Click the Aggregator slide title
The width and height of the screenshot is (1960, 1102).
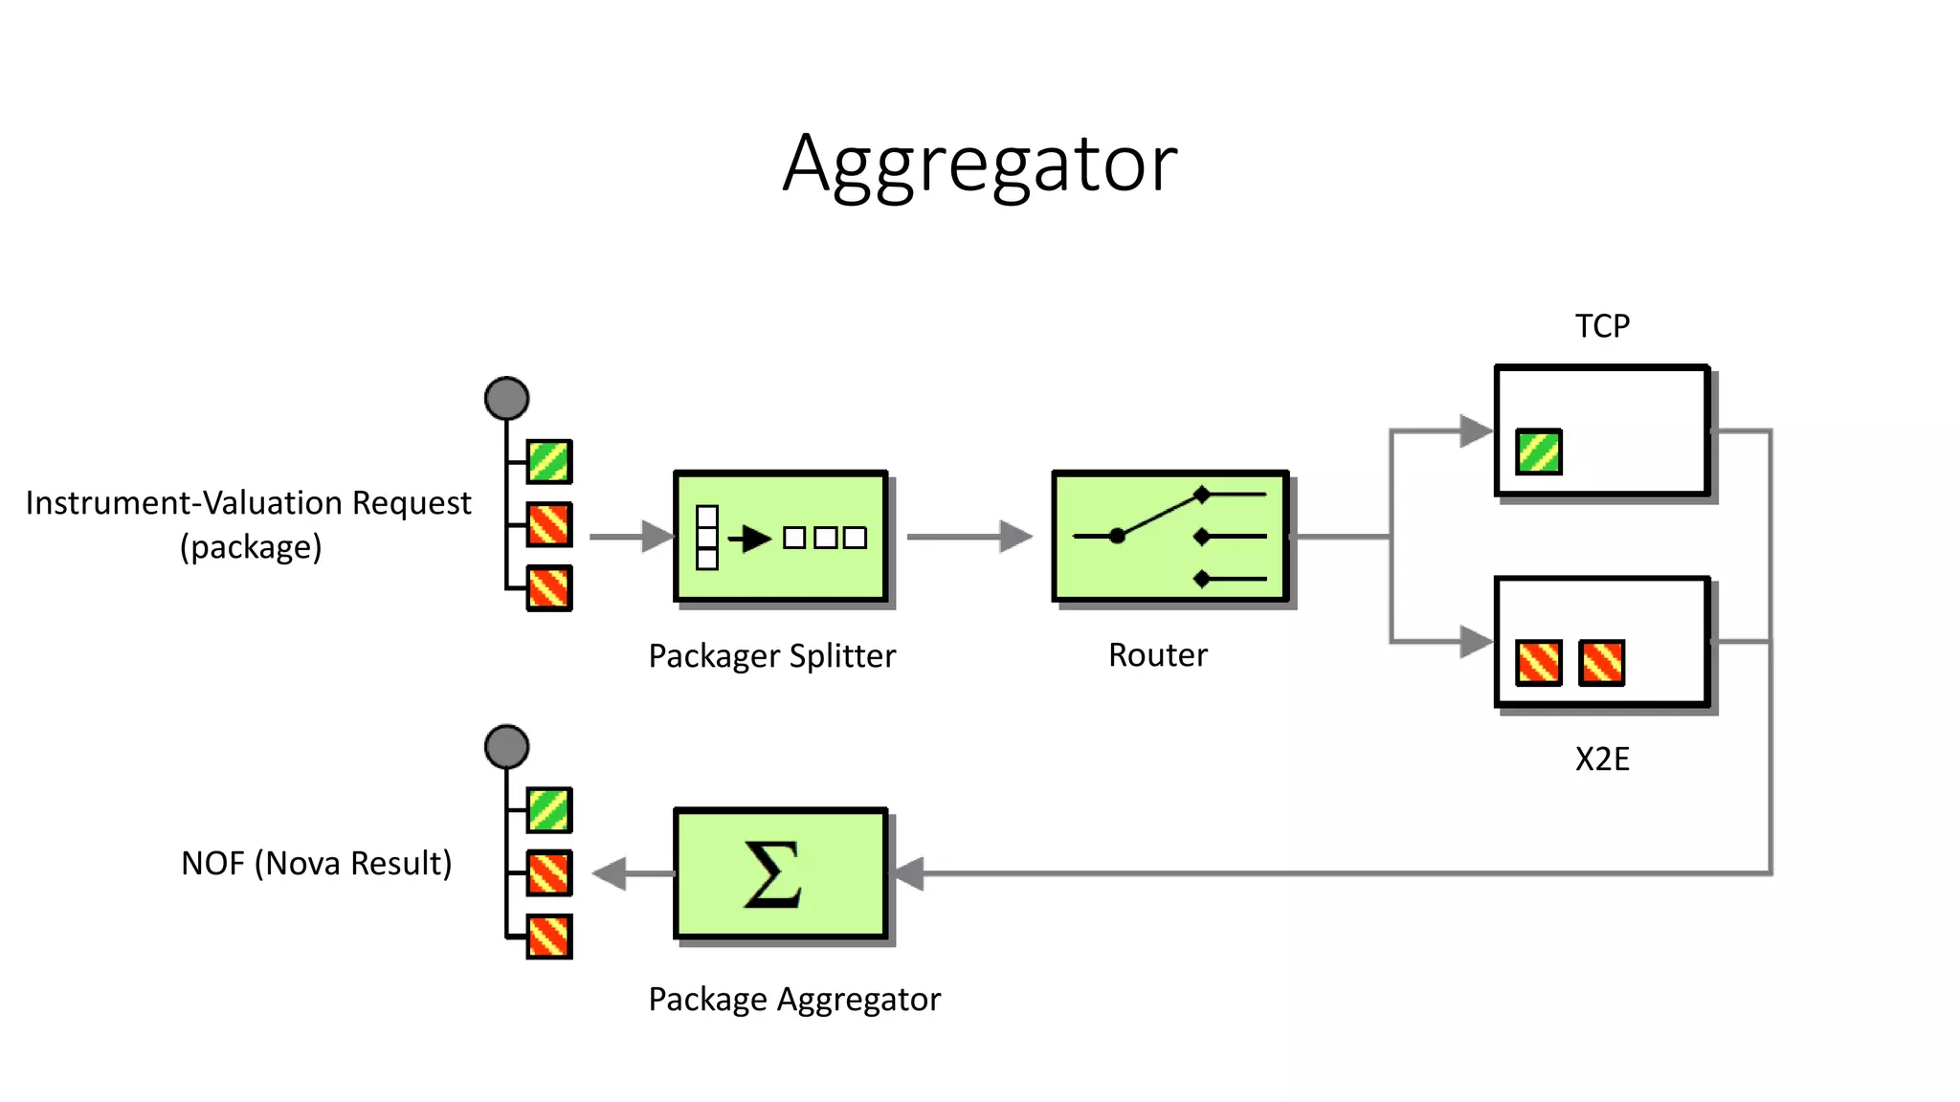[979, 165]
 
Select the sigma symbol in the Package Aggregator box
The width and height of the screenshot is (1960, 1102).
[772, 873]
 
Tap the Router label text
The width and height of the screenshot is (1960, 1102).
[1157, 655]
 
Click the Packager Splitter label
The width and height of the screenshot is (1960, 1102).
[771, 656]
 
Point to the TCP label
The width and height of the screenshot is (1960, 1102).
[1602, 326]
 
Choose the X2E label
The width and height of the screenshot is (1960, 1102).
[1602, 760]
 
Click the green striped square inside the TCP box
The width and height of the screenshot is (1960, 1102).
[1539, 452]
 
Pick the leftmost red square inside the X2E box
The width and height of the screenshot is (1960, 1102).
[1539, 663]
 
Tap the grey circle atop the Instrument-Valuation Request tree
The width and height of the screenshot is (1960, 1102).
[506, 398]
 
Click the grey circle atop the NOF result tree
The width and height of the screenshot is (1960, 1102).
[506, 746]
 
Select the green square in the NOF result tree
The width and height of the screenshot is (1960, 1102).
[549, 810]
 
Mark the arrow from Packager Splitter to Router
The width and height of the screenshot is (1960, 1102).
[969, 537]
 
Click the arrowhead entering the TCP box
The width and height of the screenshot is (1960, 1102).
[1475, 431]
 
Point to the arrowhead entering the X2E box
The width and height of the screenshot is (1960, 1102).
[1475, 642]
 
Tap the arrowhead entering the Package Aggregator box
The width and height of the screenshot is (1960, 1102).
[909, 873]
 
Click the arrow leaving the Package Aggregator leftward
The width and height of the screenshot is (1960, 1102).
[632, 873]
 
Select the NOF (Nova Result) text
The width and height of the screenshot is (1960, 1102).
[316, 864]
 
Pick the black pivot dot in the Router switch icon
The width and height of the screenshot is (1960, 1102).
[1117, 537]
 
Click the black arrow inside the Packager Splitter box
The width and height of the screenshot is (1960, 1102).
[751, 539]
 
